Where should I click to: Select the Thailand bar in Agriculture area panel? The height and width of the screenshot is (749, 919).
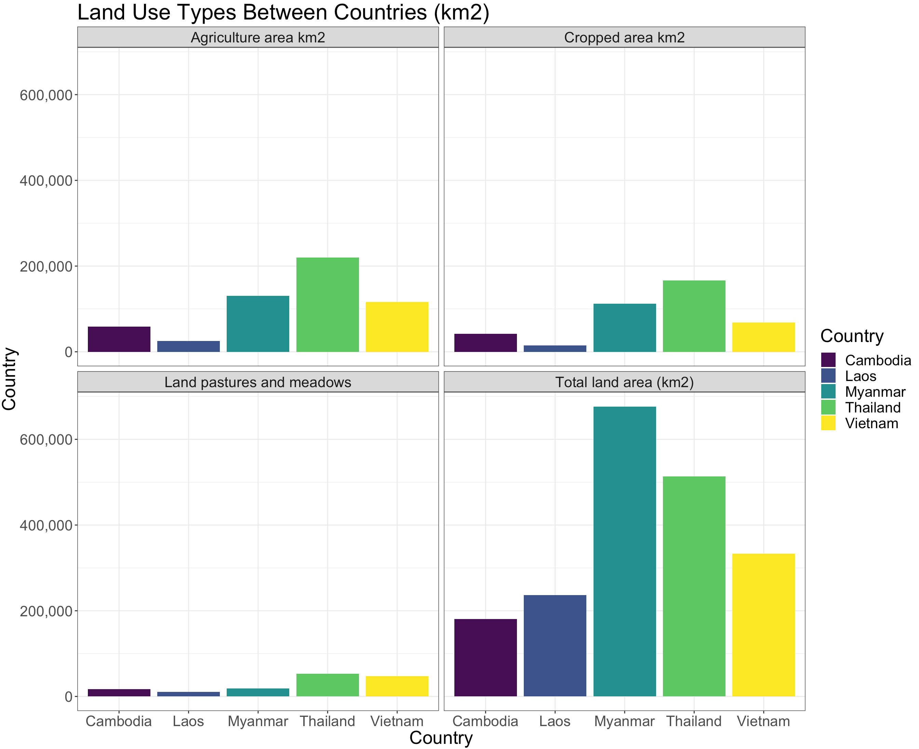[327, 305]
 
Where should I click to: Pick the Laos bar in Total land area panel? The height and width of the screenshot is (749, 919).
[555, 645]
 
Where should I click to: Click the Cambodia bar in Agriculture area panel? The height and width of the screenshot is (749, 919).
[119, 339]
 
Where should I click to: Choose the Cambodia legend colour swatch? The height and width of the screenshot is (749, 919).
[828, 360]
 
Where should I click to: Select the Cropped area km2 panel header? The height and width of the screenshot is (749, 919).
[624, 38]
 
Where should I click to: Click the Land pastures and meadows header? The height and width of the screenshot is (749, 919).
[257, 382]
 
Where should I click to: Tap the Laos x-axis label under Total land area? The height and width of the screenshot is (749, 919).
[555, 721]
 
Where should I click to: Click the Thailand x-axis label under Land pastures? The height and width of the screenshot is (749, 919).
[327, 721]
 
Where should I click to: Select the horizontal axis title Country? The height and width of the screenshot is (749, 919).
[441, 738]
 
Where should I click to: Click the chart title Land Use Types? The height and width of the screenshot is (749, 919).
[283, 12]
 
